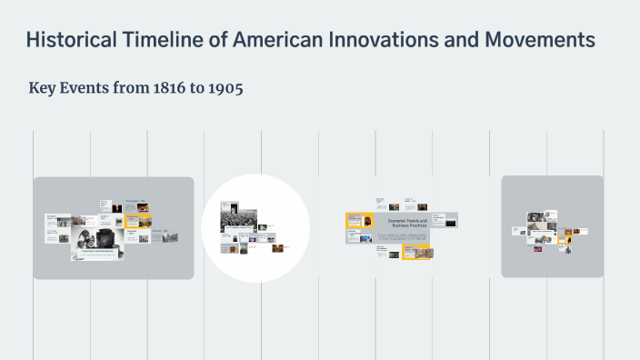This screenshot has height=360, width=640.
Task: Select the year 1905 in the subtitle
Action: [223, 89]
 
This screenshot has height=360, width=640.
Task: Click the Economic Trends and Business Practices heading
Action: [407, 224]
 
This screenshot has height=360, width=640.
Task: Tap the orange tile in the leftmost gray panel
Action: [139, 220]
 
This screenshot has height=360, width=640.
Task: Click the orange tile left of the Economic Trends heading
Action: [359, 219]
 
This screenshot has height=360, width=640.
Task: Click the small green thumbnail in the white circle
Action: [262, 227]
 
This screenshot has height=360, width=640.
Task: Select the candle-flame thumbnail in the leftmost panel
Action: [116, 208]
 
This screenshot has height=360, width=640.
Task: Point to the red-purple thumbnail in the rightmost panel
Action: [538, 248]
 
